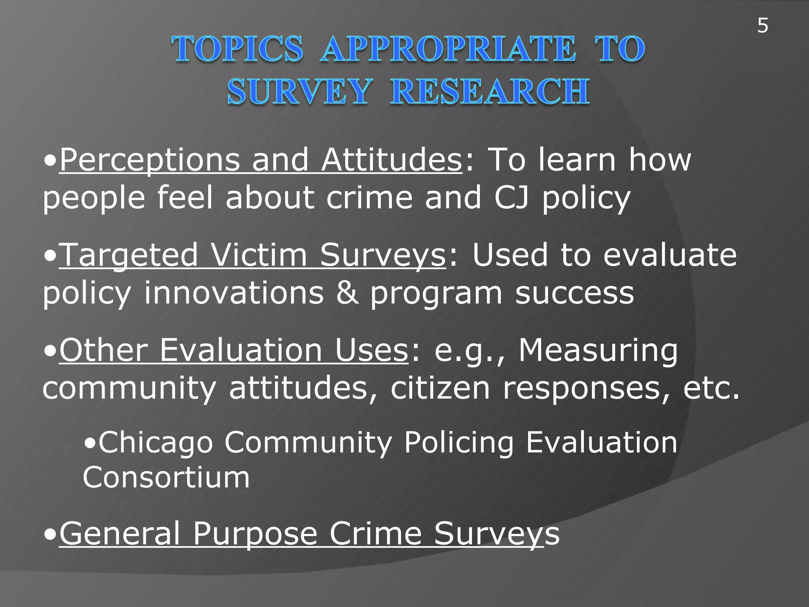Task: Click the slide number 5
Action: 763,26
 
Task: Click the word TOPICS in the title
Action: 237,49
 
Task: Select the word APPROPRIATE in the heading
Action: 448,49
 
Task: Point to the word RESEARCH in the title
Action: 490,92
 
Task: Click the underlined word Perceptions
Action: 150,160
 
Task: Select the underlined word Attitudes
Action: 391,160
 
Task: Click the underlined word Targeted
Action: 129,255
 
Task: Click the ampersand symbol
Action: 348,293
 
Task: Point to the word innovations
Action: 233,293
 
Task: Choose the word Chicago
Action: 156,443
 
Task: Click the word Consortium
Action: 166,477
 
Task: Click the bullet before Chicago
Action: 90,443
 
